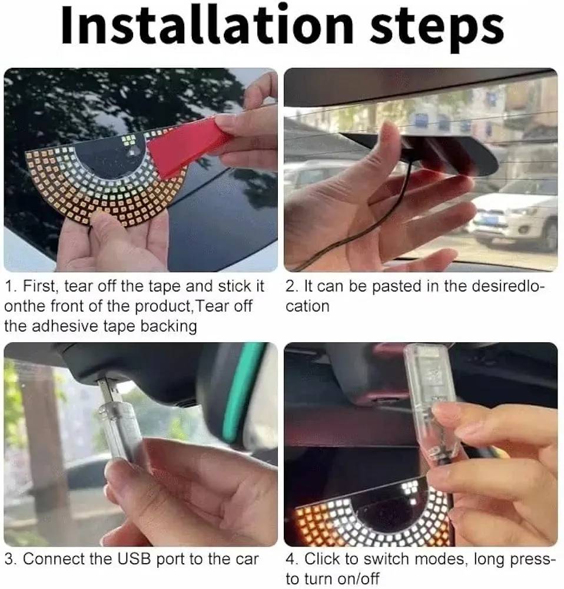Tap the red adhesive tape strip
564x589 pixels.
point(184,147)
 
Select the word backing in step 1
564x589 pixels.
point(168,326)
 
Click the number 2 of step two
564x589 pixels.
point(290,286)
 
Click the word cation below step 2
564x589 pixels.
point(307,306)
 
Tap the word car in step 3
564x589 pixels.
point(247,560)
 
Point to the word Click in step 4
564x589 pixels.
point(321,559)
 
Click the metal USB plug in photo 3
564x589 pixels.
point(109,392)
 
